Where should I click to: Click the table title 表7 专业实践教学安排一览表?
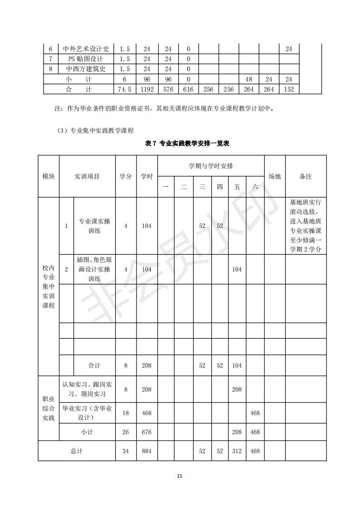(187, 143)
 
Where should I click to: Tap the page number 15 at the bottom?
(180, 476)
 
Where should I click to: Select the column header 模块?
(49, 176)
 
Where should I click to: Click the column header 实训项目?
(87, 176)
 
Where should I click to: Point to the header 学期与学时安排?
(211, 166)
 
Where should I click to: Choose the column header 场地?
(275, 176)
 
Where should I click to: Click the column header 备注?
(306, 176)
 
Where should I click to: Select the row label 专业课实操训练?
(94, 226)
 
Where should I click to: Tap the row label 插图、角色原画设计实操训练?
(94, 269)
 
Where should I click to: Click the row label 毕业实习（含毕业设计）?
(87, 413)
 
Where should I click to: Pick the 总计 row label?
(77, 451)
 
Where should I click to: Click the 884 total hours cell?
(147, 451)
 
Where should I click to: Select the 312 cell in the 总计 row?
(237, 451)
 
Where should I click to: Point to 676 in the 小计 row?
(147, 432)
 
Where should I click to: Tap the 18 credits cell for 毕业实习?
(126, 413)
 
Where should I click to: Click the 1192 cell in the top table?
(147, 89)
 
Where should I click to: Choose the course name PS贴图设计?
(86, 59)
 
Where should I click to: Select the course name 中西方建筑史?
(86, 69)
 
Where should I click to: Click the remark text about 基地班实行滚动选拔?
(306, 226)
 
